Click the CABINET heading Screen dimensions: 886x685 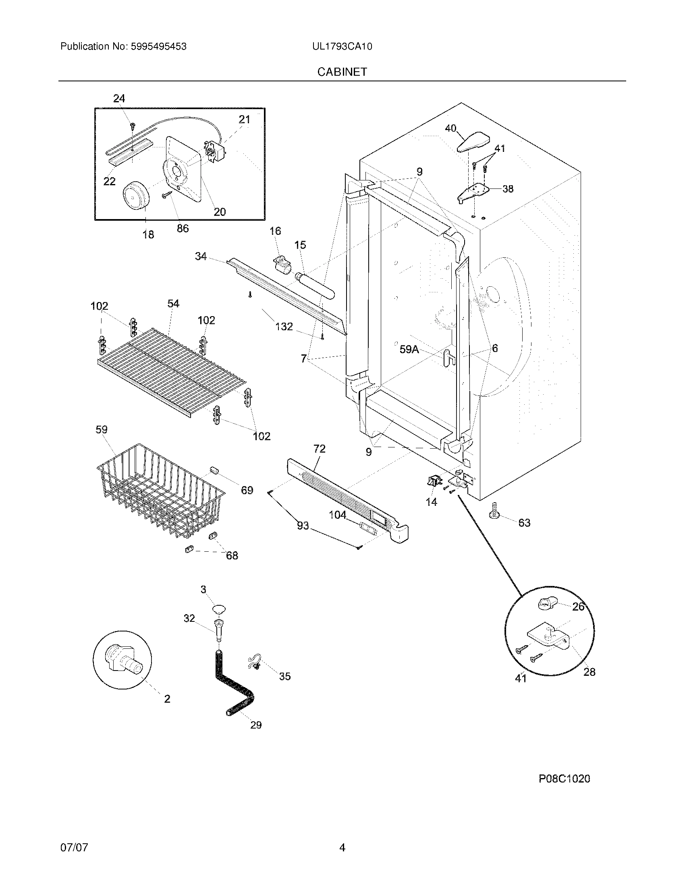tap(342, 72)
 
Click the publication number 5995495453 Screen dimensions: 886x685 tap(158, 47)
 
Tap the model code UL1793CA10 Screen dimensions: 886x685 tap(342, 47)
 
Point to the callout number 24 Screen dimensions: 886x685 tap(119, 99)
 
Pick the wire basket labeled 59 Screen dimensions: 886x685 tap(160, 491)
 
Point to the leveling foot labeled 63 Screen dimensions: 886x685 tap(494, 510)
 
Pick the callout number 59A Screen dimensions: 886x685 tap(409, 349)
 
